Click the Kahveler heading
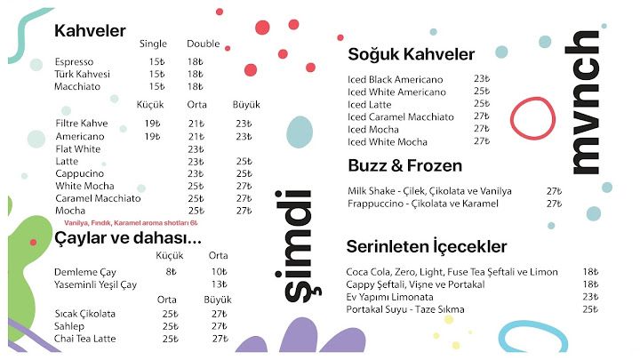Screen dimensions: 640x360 tap(90, 30)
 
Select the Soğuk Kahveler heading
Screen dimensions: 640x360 tap(411, 54)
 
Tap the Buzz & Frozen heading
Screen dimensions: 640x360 tap(405, 165)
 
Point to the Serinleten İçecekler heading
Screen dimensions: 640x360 tap(427, 246)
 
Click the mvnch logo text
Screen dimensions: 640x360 tap(582, 103)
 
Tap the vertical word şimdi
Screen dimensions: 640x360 tap(298, 247)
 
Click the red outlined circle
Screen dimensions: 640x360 tap(532, 118)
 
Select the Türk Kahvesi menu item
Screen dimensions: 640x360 tap(82, 75)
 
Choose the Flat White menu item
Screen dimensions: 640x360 tap(78, 149)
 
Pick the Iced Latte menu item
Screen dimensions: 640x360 tap(370, 105)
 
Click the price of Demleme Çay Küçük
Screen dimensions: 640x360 tap(171, 272)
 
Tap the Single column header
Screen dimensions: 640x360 tap(153, 44)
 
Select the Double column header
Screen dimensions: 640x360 tap(204, 44)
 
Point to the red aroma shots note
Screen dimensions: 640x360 tap(131, 223)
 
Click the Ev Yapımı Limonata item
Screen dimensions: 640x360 tap(390, 297)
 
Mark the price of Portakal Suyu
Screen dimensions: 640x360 tap(590, 309)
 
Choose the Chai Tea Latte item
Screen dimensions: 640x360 tap(85, 339)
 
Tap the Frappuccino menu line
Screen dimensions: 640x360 tap(423, 204)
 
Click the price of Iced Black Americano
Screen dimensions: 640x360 tap(482, 78)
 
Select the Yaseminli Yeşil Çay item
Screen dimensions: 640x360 tap(95, 285)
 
